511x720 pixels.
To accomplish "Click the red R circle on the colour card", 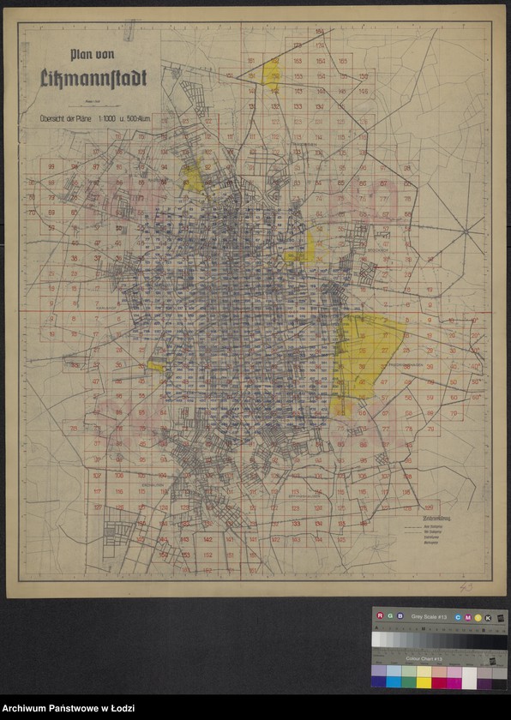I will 378,615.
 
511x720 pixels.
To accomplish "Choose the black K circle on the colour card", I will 488,616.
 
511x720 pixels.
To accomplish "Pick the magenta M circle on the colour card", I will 468,616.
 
